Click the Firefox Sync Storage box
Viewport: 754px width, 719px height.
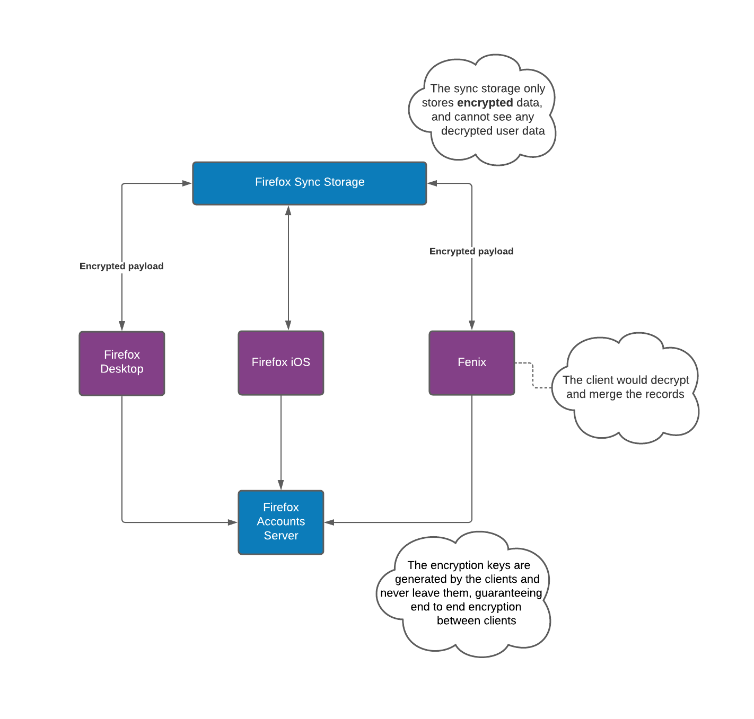[310, 183]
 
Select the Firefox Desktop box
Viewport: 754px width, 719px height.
[122, 363]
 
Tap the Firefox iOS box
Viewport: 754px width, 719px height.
[280, 363]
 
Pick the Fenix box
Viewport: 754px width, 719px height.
[472, 363]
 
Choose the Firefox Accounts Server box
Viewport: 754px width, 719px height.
[280, 522]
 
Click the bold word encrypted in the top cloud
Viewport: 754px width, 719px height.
[485, 103]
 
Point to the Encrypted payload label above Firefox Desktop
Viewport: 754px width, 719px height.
[121, 266]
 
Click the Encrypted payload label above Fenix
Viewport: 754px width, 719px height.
[471, 251]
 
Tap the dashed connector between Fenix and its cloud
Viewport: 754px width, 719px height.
[533, 375]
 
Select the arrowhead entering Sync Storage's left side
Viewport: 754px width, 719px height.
[187, 183]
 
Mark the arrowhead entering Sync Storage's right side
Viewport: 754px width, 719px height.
[432, 183]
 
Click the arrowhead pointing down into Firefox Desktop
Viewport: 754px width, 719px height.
[122, 326]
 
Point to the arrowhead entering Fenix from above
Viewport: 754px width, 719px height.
[472, 325]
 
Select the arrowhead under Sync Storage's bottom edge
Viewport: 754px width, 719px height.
[288, 210]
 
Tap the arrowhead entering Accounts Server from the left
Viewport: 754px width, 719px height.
[232, 522]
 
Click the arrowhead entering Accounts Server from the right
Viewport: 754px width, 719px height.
[329, 522]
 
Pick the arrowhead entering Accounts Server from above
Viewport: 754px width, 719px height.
[280, 485]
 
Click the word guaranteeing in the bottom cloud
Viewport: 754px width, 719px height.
[508, 593]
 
